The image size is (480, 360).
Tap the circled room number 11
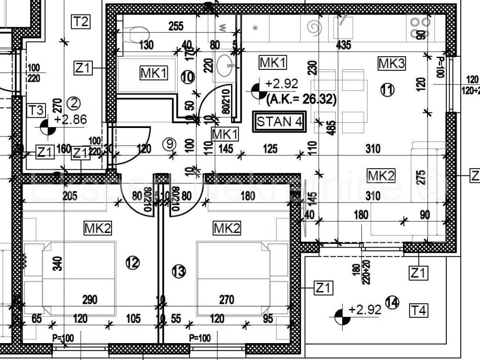387,90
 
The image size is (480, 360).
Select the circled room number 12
132,263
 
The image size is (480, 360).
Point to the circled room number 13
179,270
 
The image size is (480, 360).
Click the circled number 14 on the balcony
392,303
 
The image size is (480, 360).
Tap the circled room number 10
187,77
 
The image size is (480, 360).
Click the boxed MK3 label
391,64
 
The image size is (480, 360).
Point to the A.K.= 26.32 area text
300,99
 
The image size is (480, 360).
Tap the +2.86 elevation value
70,120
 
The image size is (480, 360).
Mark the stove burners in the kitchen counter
420,27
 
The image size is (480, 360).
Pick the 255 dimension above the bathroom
175,26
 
